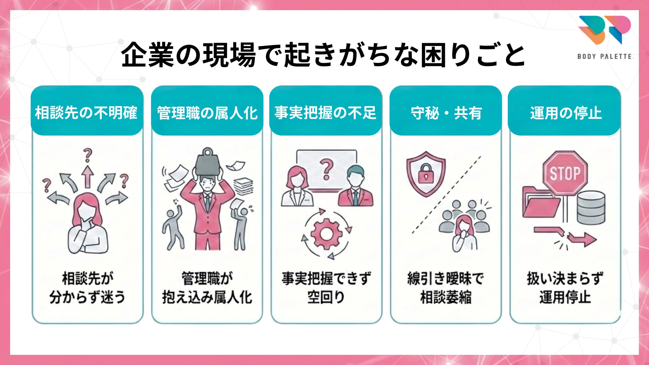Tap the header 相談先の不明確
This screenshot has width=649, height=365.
[87, 113]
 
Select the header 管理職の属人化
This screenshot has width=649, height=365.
[207, 113]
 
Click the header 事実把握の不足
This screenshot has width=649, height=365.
[326, 113]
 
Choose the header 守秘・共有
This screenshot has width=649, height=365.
[446, 113]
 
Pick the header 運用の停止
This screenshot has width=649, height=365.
[566, 113]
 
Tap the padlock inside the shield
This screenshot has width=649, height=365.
[426, 174]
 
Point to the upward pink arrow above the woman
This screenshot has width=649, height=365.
[88, 176]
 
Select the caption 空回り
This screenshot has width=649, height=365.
[326, 297]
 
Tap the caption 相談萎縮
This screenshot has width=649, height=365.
[446, 297]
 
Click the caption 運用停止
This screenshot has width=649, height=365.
[565, 297]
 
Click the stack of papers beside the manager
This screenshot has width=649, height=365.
[243, 186]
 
